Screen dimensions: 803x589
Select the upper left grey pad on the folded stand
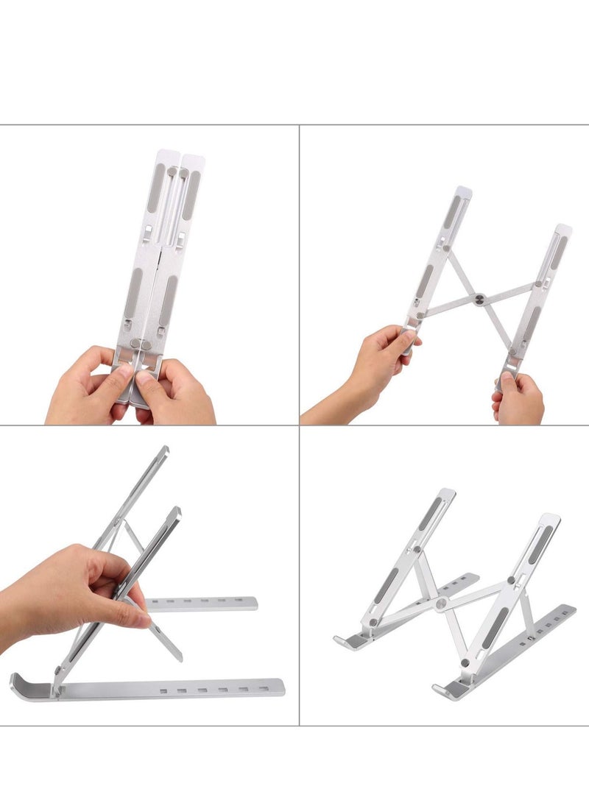tap(156, 188)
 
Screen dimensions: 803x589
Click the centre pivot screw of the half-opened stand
tap(479, 299)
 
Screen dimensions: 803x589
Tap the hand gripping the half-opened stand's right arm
tap(518, 397)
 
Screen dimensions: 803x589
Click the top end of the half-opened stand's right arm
tap(563, 230)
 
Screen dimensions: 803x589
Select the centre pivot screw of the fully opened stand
tap(441, 604)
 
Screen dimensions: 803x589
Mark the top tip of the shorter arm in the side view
tap(177, 510)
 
